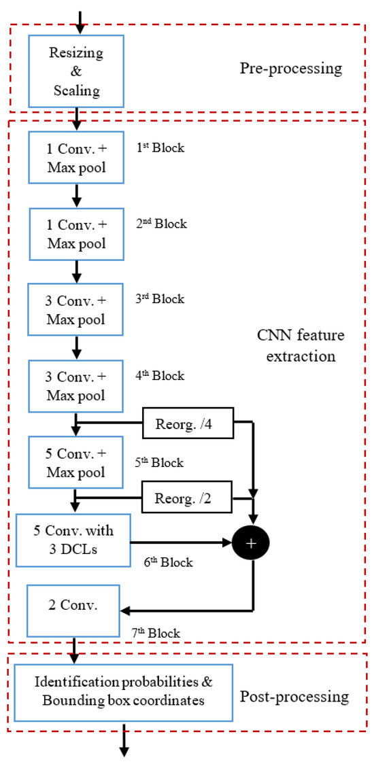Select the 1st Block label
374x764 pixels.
[160, 147]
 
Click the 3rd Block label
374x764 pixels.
[160, 299]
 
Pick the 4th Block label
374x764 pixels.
[160, 375]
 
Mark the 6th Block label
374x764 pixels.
[167, 562]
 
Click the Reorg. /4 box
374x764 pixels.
[187, 426]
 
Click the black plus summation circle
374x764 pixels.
[252, 542]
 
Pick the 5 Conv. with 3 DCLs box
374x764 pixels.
[72, 540]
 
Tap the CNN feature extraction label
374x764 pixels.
[301, 345]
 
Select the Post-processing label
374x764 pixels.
[294, 697]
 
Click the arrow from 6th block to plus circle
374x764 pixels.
[180, 542]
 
